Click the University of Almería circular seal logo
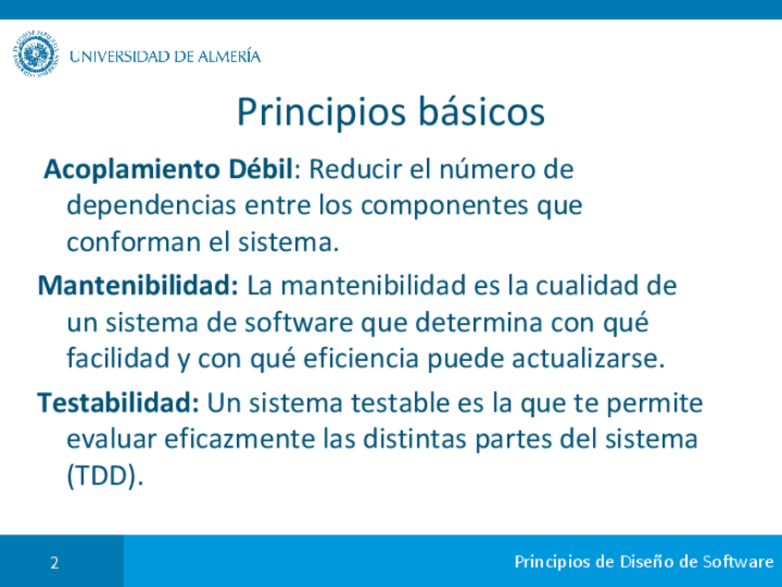35,54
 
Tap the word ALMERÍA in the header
230,55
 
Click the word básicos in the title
481,112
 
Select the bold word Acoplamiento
132,170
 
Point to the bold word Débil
260,169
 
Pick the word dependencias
151,206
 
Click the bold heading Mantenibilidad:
138,285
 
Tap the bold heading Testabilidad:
119,402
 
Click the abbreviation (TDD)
105,475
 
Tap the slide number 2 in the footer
54,563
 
